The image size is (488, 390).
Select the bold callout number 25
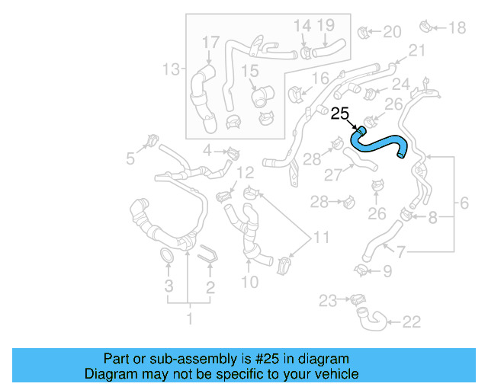(340, 114)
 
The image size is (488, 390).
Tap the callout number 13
(171, 70)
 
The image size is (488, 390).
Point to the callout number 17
(210, 41)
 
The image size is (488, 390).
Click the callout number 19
(326, 26)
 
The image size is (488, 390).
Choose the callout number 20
(392, 32)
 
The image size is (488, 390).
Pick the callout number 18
(456, 28)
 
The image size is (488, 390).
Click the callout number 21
(416, 50)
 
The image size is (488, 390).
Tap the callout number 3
(169, 286)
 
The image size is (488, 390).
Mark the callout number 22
(411, 322)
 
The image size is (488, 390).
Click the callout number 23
(327, 302)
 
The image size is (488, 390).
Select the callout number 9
(387, 270)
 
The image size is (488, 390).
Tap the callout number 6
(464, 203)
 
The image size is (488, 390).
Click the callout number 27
(334, 174)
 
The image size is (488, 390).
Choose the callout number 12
(244, 173)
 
